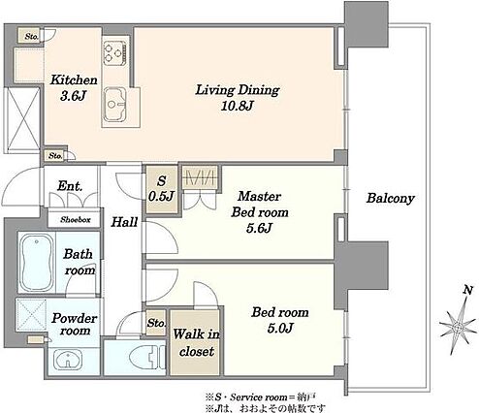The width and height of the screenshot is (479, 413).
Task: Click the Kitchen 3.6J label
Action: coord(74,88)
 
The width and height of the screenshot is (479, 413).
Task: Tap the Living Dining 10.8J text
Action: coord(238,98)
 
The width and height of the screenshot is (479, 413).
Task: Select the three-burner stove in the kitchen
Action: coord(114,52)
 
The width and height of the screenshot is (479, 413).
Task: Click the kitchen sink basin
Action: coord(114,104)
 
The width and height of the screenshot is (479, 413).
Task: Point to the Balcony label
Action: coord(390,198)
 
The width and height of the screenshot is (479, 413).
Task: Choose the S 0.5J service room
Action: coord(162,189)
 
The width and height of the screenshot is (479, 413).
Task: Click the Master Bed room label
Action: coord(260,211)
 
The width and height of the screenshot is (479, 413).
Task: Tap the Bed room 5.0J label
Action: coord(280,320)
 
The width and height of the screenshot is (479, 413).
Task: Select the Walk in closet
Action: coord(196,342)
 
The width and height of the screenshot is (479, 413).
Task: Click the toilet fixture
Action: coord(147,357)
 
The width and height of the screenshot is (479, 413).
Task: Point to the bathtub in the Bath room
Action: coord(36,263)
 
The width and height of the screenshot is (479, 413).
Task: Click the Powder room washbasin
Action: coord(68,360)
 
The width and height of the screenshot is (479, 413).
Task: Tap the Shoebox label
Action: coord(76,220)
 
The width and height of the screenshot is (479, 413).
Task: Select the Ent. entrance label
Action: coord(70,186)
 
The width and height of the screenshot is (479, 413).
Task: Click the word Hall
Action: coord(124,222)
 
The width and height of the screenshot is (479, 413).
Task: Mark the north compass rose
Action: coord(458,327)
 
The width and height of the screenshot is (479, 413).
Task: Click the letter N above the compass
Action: coord(467,290)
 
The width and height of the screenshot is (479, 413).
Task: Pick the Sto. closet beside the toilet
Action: coord(156,323)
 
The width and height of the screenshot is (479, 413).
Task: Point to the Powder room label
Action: coord(75,324)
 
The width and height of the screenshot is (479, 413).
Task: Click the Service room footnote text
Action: coord(260,397)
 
